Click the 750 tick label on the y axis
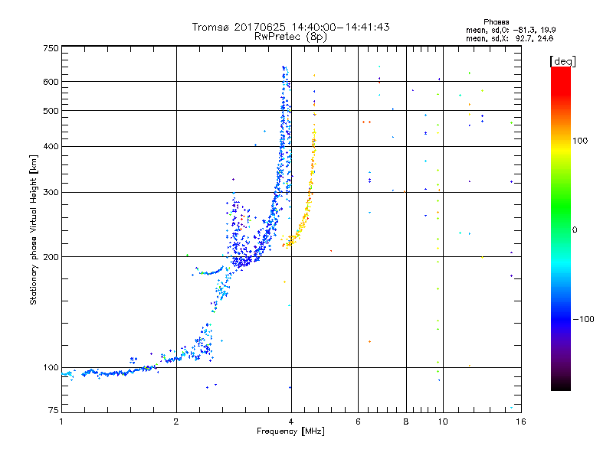[x=51, y=48]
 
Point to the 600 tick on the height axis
[x=51, y=81]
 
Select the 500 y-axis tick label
[x=51, y=110]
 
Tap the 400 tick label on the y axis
[x=51, y=146]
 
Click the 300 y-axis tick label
[x=51, y=192]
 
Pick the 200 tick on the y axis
[x=51, y=256]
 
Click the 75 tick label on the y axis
[x=53, y=411]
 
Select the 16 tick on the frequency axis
[x=520, y=422]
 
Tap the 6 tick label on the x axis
[x=358, y=422]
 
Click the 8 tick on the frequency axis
[x=406, y=422]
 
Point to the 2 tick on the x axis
[x=176, y=422]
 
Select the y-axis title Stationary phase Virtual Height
[x=34, y=229]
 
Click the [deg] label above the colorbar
[x=562, y=60]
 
